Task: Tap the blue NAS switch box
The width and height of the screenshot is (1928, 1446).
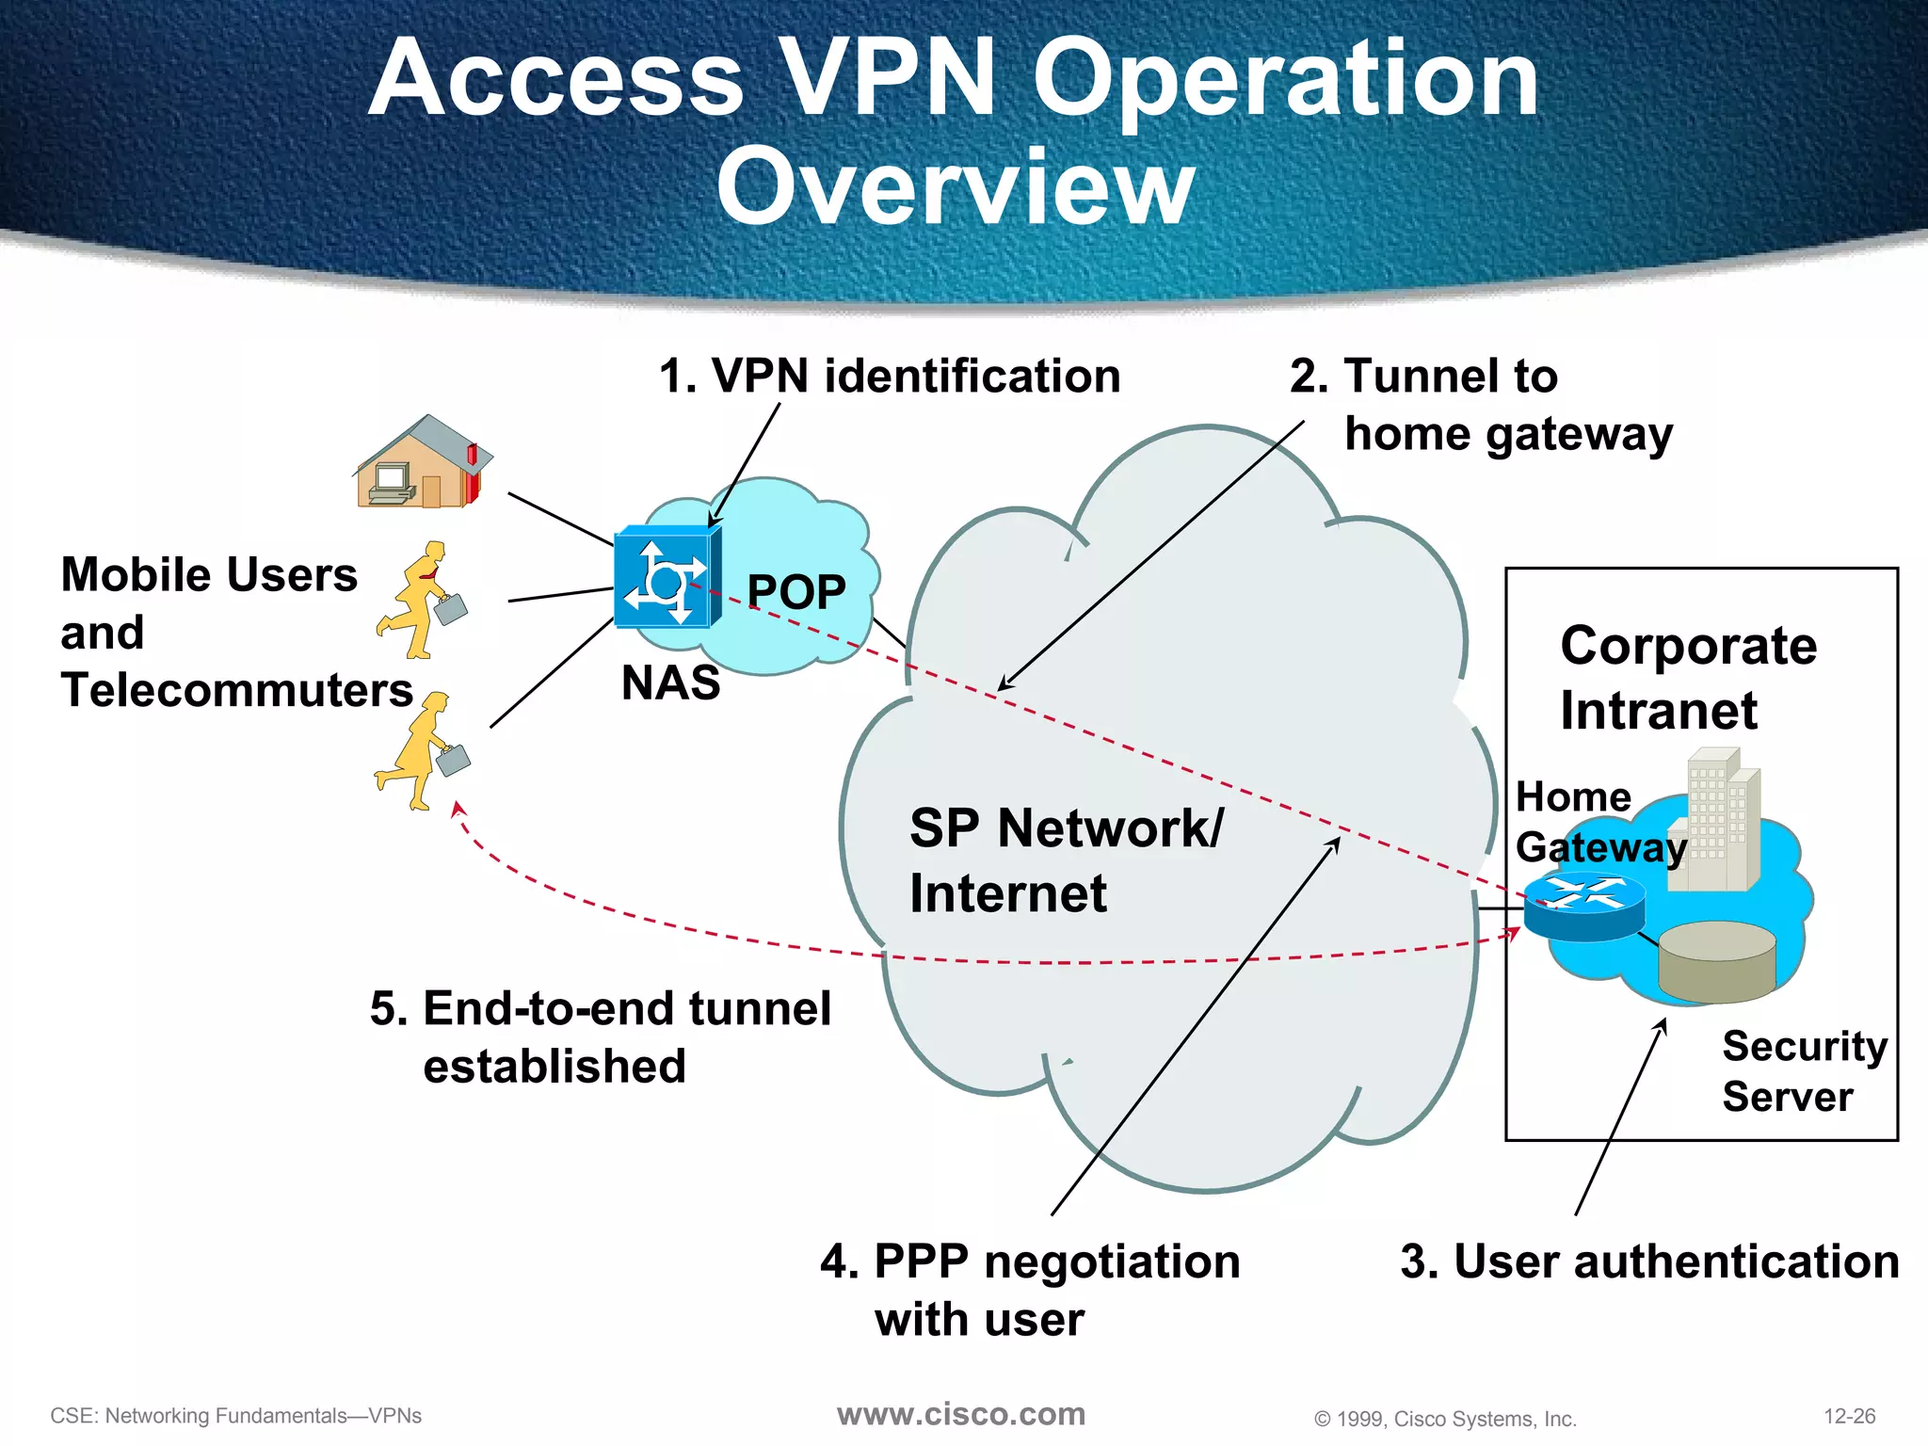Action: point(667,577)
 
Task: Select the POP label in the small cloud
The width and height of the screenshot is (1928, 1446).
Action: point(795,592)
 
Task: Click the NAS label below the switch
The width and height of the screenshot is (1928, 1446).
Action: point(670,683)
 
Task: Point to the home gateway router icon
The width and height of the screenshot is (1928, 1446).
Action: point(1583,905)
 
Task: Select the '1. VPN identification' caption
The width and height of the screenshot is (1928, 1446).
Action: point(890,377)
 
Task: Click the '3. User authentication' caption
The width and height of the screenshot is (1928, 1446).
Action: point(1649,1261)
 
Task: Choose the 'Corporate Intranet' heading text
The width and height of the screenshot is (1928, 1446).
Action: point(1687,678)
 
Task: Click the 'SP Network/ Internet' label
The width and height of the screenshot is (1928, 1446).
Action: point(1066,860)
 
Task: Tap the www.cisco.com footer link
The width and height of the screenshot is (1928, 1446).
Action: point(961,1414)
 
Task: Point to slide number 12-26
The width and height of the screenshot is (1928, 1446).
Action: point(1849,1416)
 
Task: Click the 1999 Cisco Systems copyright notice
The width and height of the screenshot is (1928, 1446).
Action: point(1445,1419)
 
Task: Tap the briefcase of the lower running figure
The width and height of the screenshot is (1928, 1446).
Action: point(453,759)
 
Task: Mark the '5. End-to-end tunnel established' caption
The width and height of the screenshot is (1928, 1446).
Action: point(600,1036)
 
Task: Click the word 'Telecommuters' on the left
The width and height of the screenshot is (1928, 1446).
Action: point(237,690)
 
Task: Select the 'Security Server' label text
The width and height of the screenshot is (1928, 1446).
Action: point(1804,1071)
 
